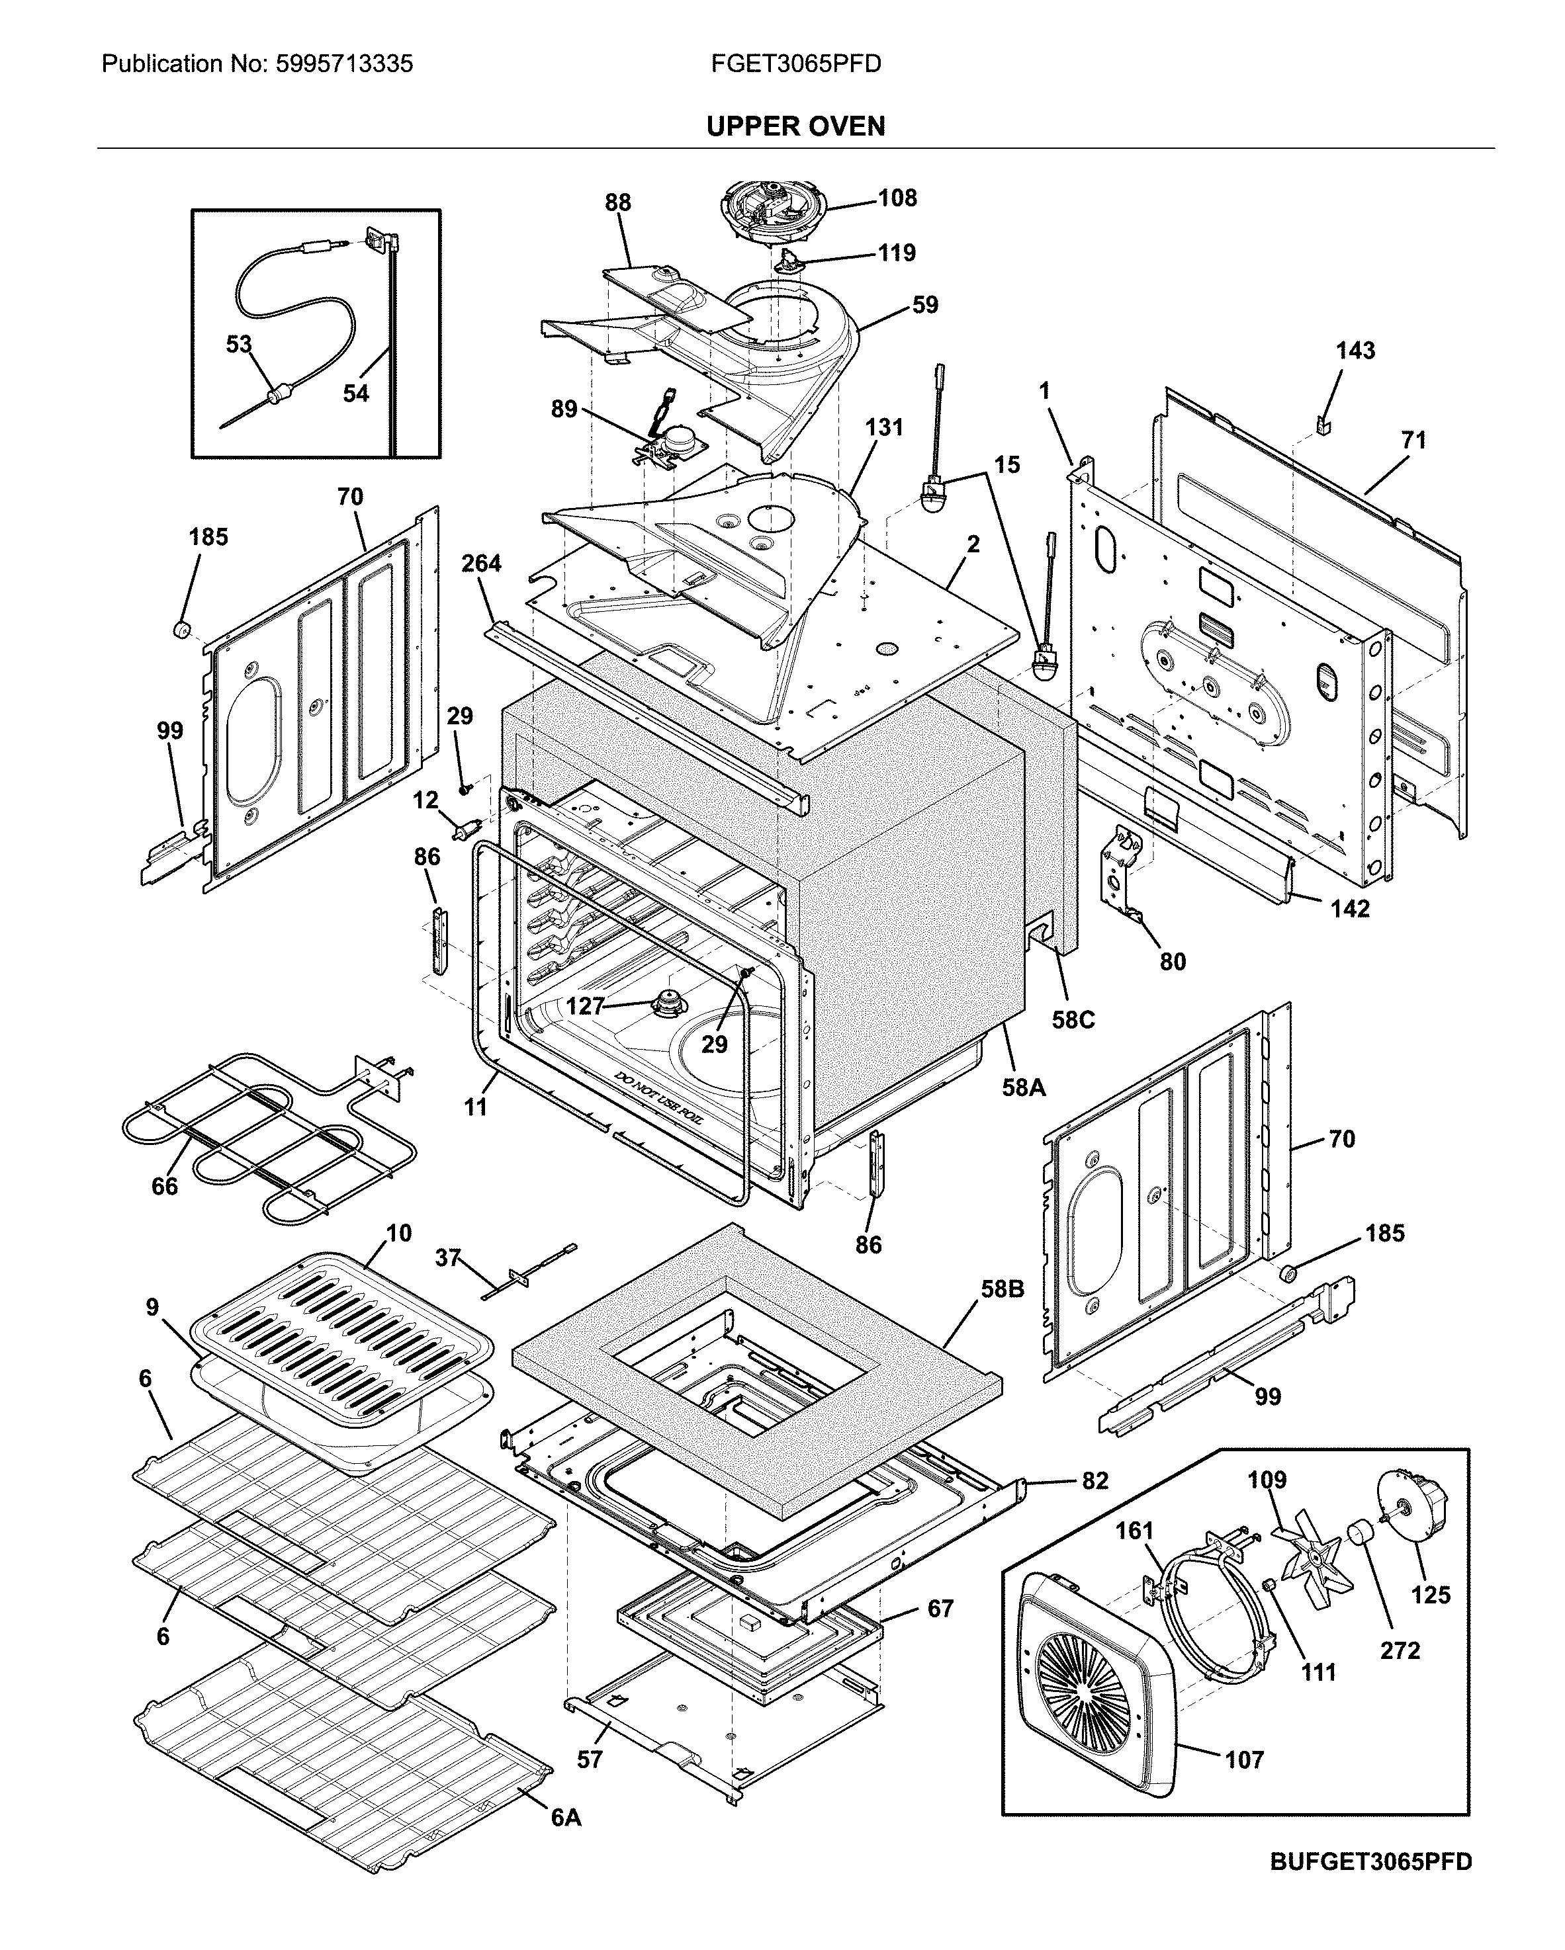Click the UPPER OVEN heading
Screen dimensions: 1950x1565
pyautogui.click(x=795, y=126)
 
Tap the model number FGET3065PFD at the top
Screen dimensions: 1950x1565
pyautogui.click(x=795, y=64)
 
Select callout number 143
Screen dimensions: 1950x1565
pyautogui.click(x=1355, y=351)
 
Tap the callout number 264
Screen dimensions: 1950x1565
pyautogui.click(x=480, y=564)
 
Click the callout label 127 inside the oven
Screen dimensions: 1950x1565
pyautogui.click(x=584, y=1005)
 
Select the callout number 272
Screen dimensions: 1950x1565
pyautogui.click(x=1400, y=1652)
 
